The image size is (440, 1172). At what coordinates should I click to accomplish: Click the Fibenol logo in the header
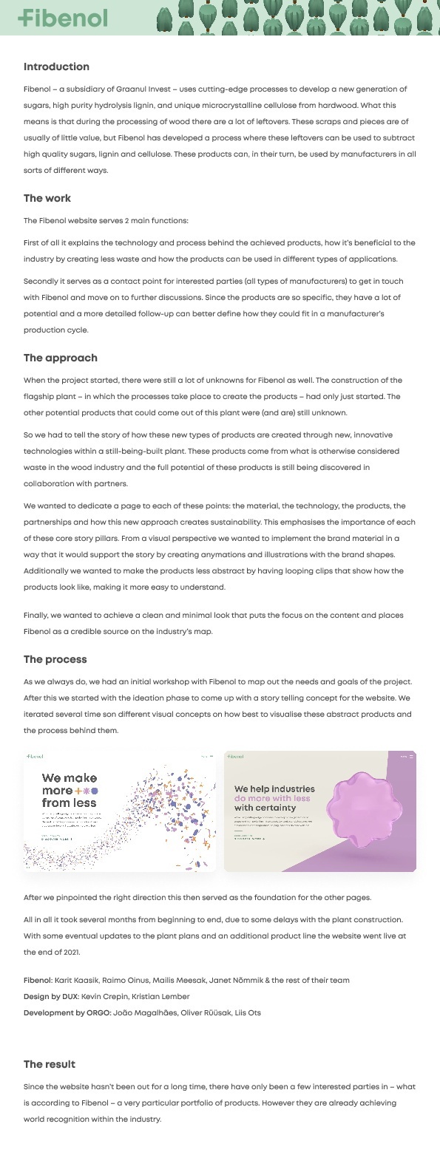pos(63,18)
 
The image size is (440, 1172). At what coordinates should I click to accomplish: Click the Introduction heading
pos(56,67)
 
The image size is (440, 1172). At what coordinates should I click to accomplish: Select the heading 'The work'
pos(47,198)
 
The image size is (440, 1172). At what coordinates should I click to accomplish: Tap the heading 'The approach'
pos(61,358)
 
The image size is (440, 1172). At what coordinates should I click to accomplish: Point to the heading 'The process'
pos(55,659)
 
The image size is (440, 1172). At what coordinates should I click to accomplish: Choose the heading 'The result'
pos(50,1064)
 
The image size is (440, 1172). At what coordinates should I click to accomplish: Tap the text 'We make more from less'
pos(70,790)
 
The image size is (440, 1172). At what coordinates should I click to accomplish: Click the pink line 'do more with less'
pos(272,798)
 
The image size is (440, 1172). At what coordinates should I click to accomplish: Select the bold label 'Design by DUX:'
pos(50,996)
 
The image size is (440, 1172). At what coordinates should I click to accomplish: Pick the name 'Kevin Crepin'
pos(100,996)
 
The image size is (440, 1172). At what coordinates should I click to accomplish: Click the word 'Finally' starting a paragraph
pos(36,616)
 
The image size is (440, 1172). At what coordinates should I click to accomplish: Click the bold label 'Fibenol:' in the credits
pos(38,980)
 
